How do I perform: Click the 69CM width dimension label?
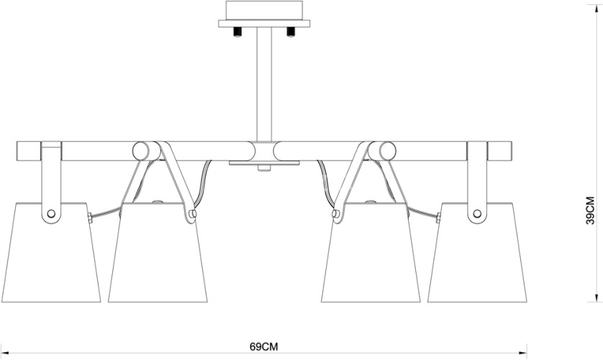[263, 346]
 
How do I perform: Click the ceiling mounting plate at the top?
[264, 13]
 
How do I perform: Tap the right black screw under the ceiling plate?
[291, 32]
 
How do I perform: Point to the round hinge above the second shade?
[141, 151]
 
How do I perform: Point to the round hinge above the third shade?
[387, 151]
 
